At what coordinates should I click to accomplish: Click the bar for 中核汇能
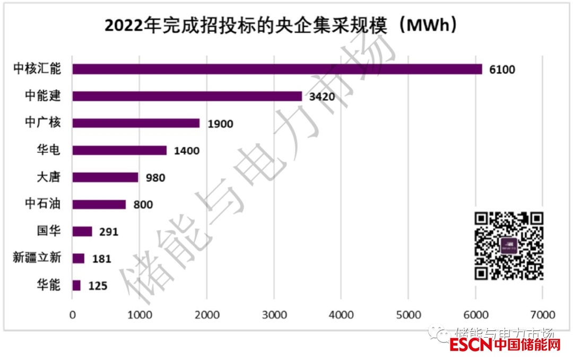pyautogui.click(x=277, y=69)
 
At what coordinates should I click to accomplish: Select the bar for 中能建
pyautogui.click(x=187, y=96)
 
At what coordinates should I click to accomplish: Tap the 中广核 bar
pyautogui.click(x=136, y=123)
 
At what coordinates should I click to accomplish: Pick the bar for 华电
pyautogui.click(x=119, y=150)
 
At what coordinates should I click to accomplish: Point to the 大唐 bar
pyautogui.click(x=105, y=177)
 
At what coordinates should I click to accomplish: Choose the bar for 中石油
pyautogui.click(x=99, y=204)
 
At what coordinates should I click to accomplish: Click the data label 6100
pyautogui.click(x=502, y=70)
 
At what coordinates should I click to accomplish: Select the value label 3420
pyautogui.click(x=322, y=97)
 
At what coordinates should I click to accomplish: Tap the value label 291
pyautogui.click(x=109, y=232)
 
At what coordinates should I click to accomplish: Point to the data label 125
pyautogui.click(x=98, y=286)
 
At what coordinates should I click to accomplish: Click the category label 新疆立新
pyautogui.click(x=37, y=259)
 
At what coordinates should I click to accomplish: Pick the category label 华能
pyautogui.click(x=49, y=286)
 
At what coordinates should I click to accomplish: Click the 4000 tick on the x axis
pyautogui.click(x=341, y=314)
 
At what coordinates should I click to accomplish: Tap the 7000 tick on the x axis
pyautogui.click(x=542, y=314)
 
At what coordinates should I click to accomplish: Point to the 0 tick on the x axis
pyautogui.click(x=73, y=314)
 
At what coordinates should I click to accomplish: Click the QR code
pyautogui.click(x=509, y=245)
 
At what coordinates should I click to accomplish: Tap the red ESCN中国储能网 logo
pyautogui.click(x=505, y=345)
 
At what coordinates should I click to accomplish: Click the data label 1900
pyautogui.click(x=220, y=124)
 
